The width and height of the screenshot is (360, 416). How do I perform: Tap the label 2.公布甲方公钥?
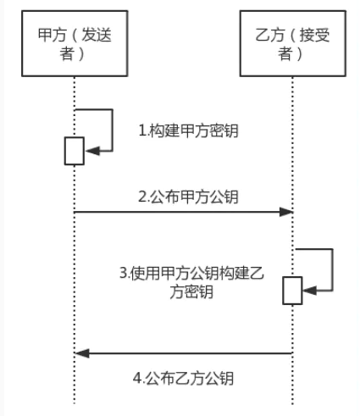click(x=188, y=197)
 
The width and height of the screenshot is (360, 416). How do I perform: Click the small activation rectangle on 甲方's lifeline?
click(x=74, y=151)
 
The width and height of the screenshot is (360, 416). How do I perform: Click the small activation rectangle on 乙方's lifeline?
click(x=292, y=290)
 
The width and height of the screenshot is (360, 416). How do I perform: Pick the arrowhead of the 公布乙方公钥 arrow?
click(x=81, y=352)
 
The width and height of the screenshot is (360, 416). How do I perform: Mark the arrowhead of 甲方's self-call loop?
click(x=91, y=150)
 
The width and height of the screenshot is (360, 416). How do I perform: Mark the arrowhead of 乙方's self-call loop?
click(x=309, y=290)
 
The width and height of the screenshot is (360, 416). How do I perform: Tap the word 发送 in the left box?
click(x=96, y=36)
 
